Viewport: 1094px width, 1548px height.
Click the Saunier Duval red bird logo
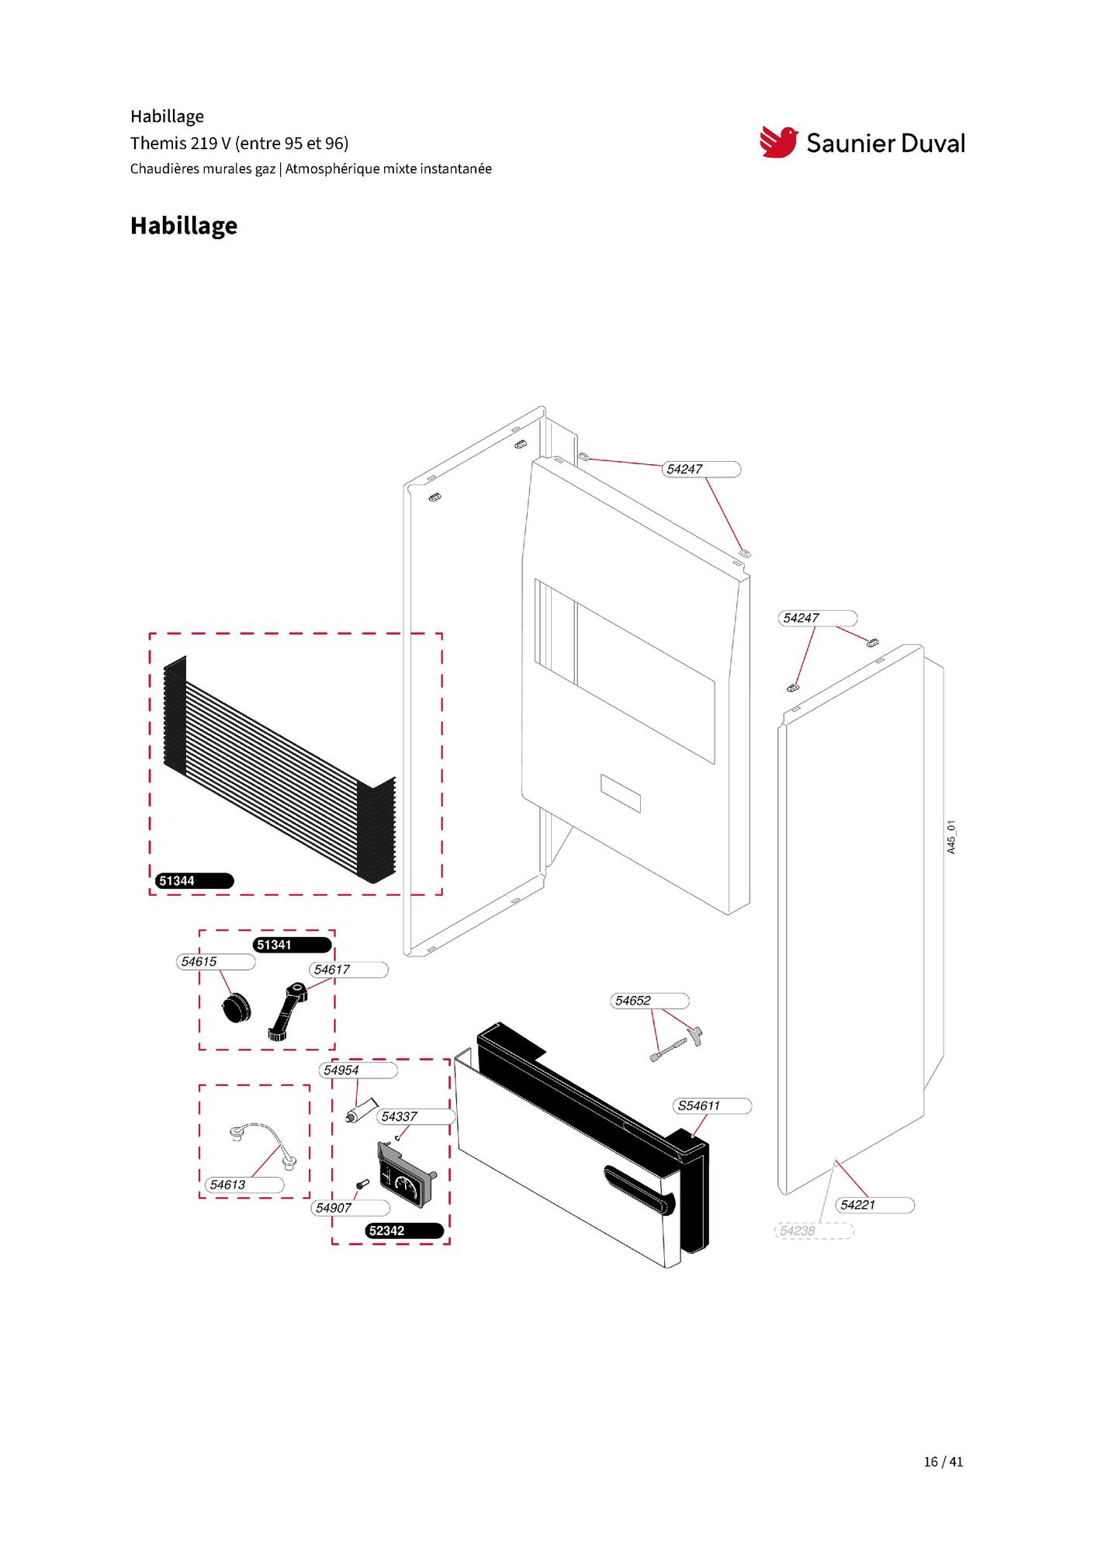tap(778, 142)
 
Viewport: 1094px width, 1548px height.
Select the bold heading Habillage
tap(184, 225)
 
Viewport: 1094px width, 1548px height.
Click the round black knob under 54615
tap(236, 1007)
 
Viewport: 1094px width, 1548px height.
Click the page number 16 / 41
tap(943, 1461)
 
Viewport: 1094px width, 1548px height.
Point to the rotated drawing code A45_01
tap(952, 837)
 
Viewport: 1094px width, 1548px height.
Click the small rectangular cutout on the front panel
tap(621, 793)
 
